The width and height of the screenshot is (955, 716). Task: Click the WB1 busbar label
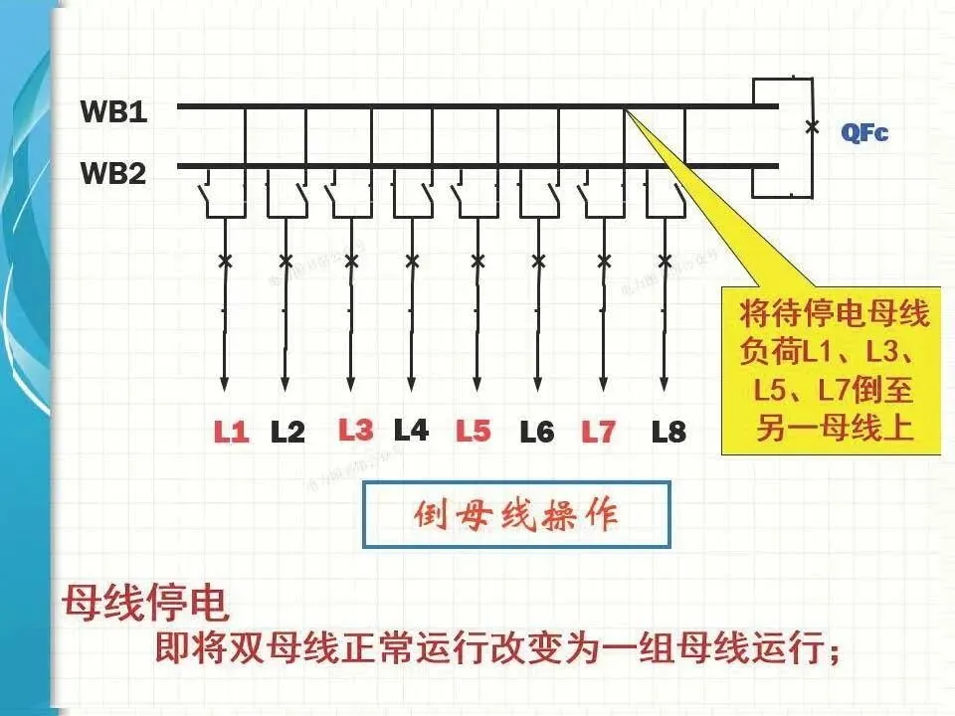pyautogui.click(x=113, y=112)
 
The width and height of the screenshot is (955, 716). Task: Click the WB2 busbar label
pyautogui.click(x=113, y=174)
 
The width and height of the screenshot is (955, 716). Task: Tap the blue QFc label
pyautogui.click(x=863, y=131)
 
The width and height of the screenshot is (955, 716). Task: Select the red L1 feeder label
pyautogui.click(x=232, y=433)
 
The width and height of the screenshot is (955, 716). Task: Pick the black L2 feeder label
pyautogui.click(x=288, y=433)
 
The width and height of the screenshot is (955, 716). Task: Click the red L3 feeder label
pyautogui.click(x=355, y=430)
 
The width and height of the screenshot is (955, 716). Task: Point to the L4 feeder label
pyautogui.click(x=411, y=430)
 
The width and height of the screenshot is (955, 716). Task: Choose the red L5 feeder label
pyautogui.click(x=474, y=432)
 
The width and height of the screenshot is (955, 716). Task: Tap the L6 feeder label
pyautogui.click(x=537, y=433)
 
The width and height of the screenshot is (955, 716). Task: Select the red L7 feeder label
pyautogui.click(x=599, y=433)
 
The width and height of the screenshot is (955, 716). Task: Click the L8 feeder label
pyautogui.click(x=668, y=433)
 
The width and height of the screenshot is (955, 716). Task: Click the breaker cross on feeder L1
pyautogui.click(x=225, y=262)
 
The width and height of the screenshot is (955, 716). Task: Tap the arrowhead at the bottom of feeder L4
pyautogui.click(x=412, y=385)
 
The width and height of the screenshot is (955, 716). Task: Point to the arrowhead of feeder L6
pyautogui.click(x=539, y=385)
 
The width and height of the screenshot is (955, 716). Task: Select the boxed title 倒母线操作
pyautogui.click(x=515, y=516)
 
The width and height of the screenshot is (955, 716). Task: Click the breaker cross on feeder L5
pyautogui.click(x=477, y=262)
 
